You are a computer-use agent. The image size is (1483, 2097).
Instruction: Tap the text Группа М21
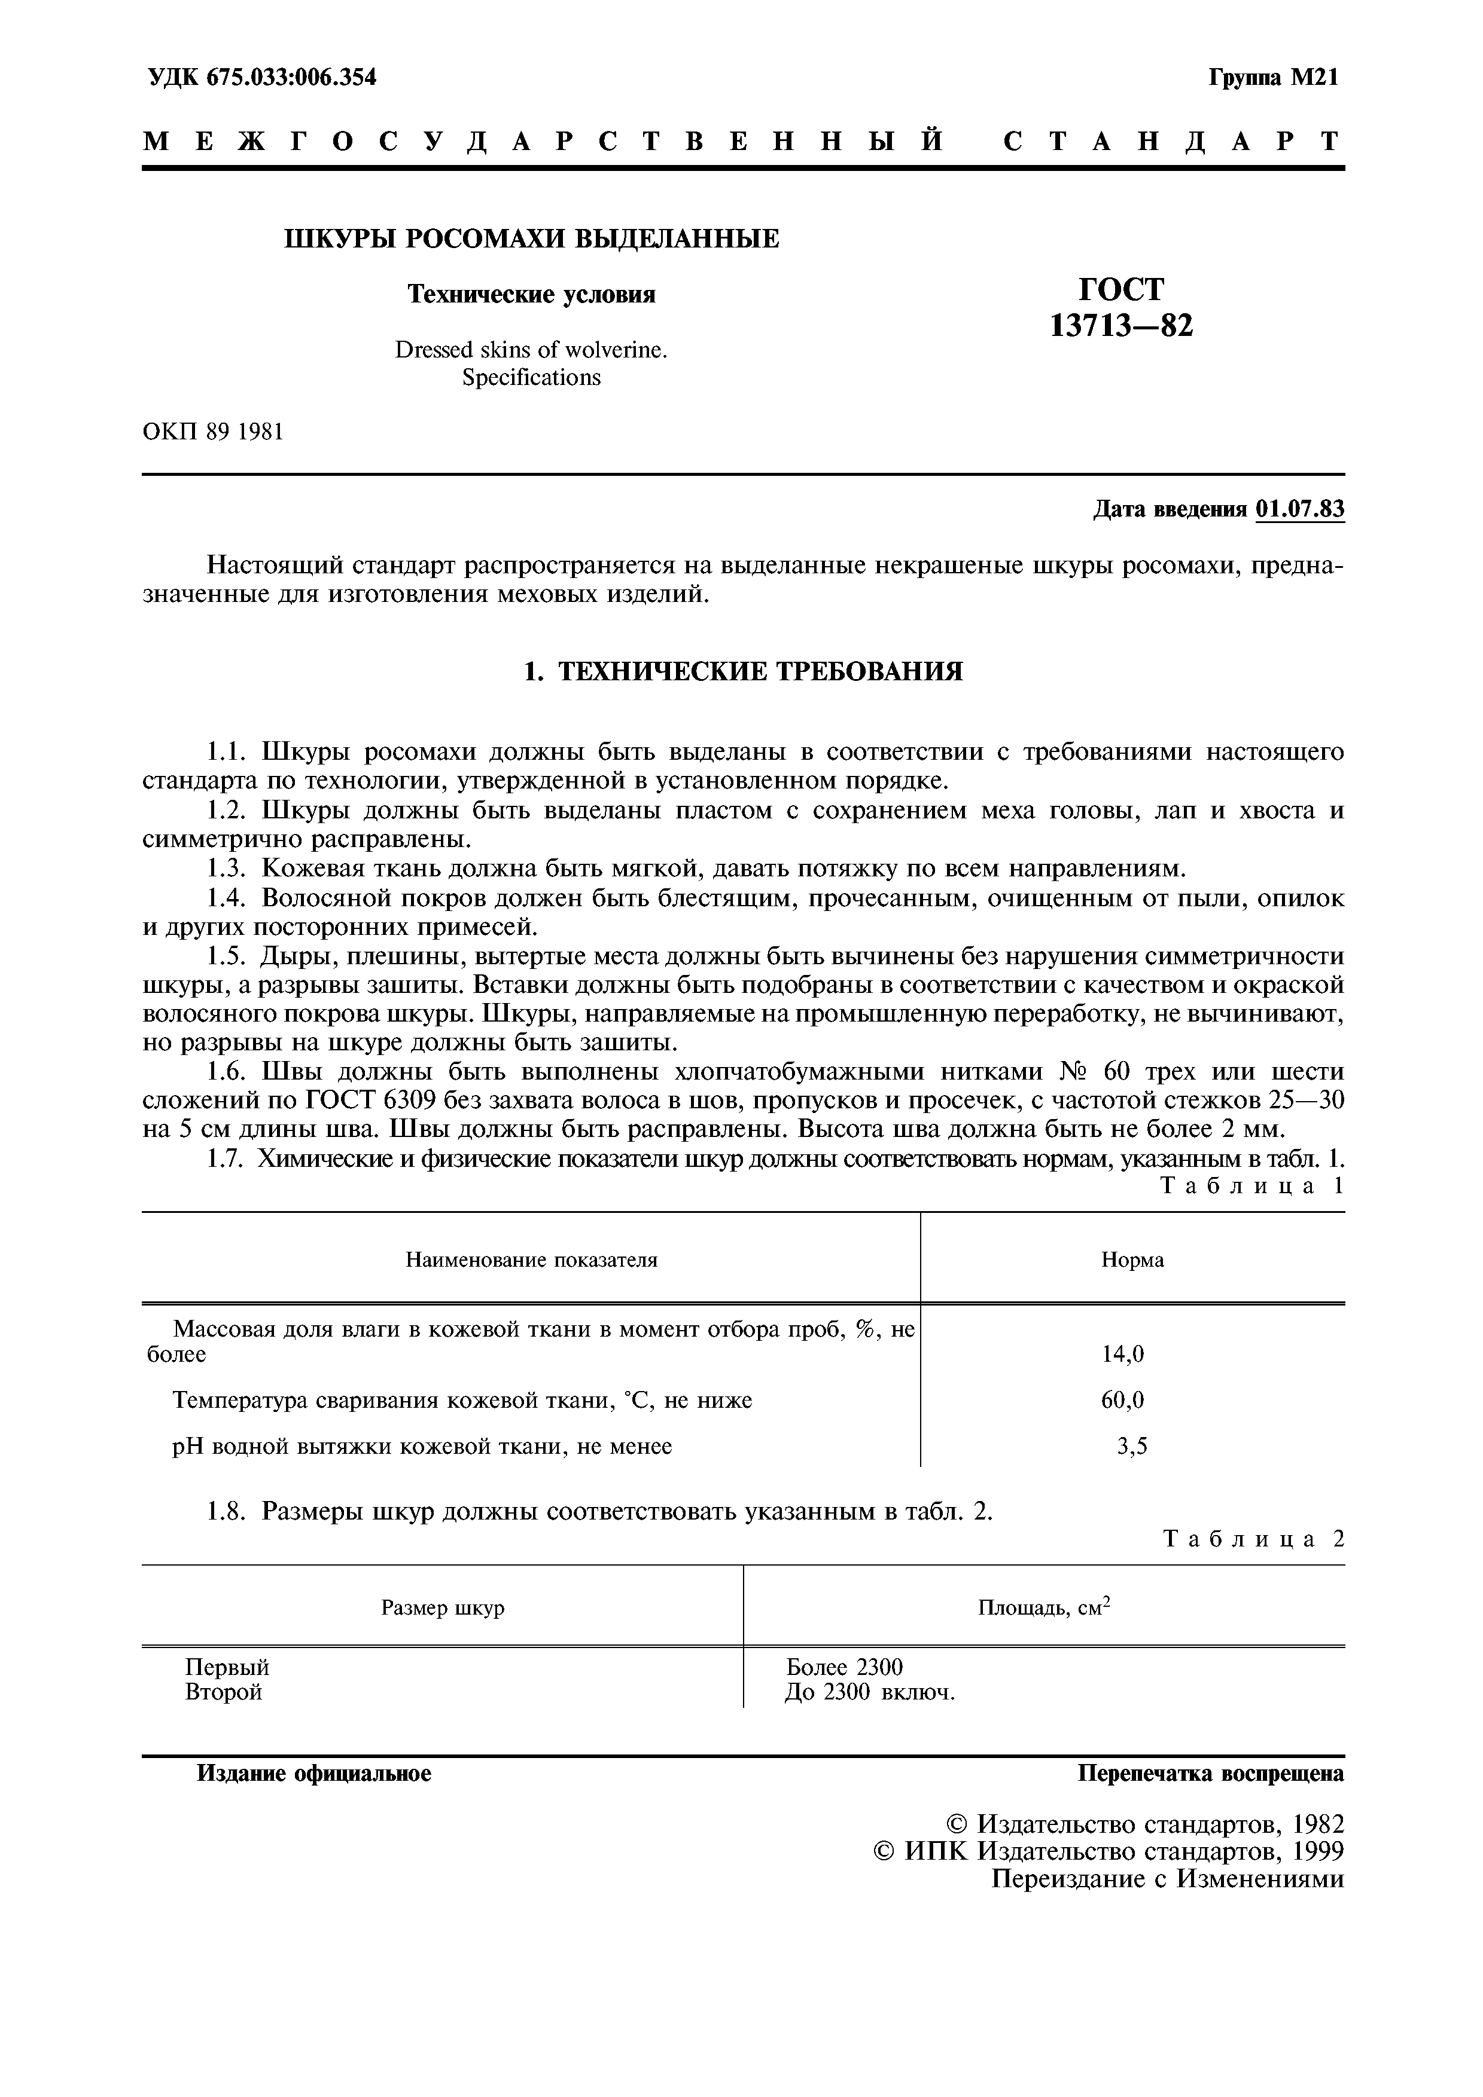point(1274,78)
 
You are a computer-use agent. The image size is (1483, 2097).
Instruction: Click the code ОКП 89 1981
point(213,432)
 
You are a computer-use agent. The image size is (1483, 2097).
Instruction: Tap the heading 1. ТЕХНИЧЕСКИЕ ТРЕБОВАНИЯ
point(743,672)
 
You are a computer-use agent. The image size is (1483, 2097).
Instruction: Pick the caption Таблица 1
point(1253,1187)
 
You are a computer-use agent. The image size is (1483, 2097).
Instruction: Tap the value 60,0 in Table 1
point(1123,1400)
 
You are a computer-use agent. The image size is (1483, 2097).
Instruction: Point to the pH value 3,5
point(1132,1446)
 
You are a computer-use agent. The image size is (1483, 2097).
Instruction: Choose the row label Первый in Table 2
point(227,1668)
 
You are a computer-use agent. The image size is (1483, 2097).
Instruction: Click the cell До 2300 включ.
point(870,1692)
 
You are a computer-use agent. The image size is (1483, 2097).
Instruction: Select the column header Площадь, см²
point(1043,1607)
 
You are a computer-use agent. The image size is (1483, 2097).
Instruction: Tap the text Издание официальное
point(314,1774)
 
